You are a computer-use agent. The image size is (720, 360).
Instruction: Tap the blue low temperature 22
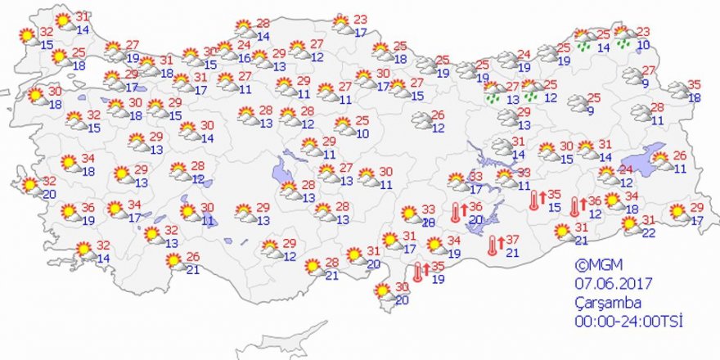click(648, 233)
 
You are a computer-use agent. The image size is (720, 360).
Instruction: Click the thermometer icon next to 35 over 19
click(417, 272)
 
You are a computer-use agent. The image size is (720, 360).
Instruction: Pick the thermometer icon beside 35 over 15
click(533, 200)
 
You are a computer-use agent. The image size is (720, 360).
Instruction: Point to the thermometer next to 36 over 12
click(574, 205)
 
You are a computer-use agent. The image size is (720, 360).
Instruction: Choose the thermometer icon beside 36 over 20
click(455, 213)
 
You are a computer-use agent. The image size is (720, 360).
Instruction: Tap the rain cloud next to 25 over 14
click(583, 40)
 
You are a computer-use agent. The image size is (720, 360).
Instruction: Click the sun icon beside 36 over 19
click(70, 214)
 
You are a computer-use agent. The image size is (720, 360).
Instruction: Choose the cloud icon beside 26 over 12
click(421, 121)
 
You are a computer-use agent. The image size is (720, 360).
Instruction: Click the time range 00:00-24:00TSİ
click(628, 322)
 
